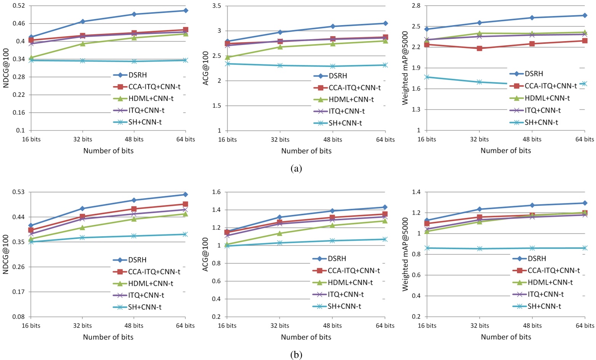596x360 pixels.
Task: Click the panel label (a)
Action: tap(296, 168)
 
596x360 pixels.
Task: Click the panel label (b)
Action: tap(296, 355)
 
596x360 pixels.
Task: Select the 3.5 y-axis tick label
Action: tap(217, 6)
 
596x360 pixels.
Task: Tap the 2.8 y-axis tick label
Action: tap(416, 6)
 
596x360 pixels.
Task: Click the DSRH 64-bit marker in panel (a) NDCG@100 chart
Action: tap(186, 10)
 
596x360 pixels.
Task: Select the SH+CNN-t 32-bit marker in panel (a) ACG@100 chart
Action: tap(280, 66)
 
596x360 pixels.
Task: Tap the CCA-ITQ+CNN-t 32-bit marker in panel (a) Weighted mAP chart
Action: tap(479, 48)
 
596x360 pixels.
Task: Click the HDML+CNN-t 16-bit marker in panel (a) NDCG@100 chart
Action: tap(31, 58)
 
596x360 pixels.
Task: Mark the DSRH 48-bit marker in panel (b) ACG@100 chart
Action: tap(332, 211)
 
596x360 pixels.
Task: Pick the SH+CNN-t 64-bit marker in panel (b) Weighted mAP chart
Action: tap(585, 248)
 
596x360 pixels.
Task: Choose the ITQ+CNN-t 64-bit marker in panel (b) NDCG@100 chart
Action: tap(186, 210)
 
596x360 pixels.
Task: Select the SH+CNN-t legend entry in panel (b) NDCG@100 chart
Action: tap(137, 307)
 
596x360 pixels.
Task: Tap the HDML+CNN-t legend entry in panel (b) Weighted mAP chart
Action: tap(543, 282)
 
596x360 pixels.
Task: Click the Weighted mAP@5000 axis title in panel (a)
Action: tap(405, 68)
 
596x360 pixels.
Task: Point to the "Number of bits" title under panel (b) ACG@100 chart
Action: tap(306, 337)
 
